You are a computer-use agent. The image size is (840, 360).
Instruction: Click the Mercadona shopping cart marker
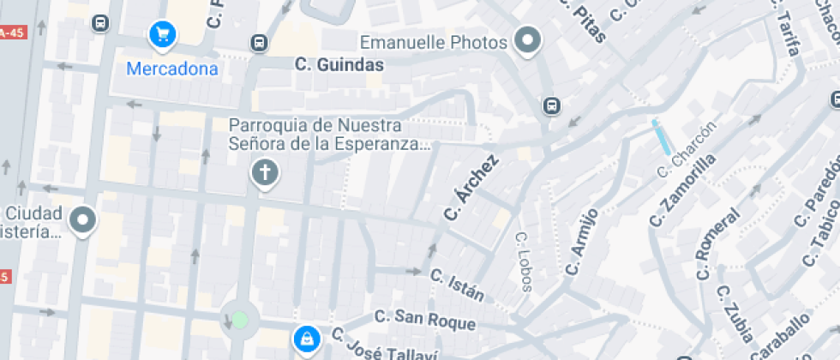click(x=162, y=35)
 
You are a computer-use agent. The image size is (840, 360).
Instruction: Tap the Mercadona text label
click(x=172, y=69)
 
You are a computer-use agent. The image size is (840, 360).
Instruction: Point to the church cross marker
click(x=265, y=174)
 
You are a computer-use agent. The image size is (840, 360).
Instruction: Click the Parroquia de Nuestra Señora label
click(x=329, y=134)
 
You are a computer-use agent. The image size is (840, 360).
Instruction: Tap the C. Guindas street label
click(x=339, y=63)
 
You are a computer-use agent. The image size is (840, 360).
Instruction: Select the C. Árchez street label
click(x=471, y=188)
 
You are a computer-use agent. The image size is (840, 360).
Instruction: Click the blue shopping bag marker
click(x=305, y=339)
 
